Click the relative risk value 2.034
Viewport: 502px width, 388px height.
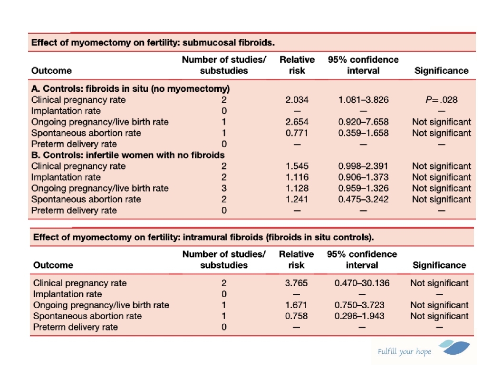point(297,100)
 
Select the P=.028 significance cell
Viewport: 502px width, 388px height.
point(441,100)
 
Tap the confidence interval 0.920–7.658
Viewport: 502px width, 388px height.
point(363,122)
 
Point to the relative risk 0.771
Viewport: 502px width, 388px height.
point(297,133)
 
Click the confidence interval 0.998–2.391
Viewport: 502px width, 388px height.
point(363,166)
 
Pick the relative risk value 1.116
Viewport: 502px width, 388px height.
point(297,177)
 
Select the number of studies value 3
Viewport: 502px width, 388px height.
point(224,188)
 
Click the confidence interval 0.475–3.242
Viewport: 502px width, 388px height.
point(363,199)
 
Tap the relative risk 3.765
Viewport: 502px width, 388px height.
point(296,283)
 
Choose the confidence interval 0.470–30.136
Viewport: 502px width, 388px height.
point(362,283)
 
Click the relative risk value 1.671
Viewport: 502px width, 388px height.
point(296,305)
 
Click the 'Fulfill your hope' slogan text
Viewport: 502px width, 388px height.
point(404,352)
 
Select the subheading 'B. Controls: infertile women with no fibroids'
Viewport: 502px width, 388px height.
point(128,155)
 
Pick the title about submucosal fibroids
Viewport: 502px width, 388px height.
point(153,42)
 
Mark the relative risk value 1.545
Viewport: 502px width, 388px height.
point(297,166)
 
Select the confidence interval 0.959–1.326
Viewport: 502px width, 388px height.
point(363,188)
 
